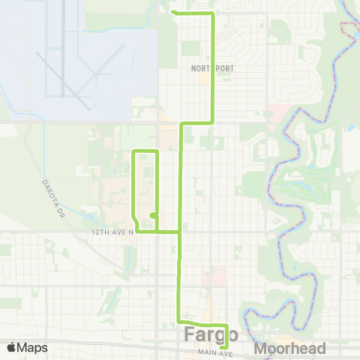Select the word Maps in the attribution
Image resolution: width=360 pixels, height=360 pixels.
point(33,348)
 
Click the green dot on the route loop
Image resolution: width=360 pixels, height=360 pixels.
point(152,215)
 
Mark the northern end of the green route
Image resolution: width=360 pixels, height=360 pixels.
point(173,12)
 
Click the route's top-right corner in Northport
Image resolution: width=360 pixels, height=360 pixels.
point(214,14)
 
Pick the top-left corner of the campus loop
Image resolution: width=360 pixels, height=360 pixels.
point(133,152)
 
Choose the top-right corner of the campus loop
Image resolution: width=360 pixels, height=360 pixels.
point(157,152)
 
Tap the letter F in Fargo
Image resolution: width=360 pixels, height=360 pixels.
point(189,334)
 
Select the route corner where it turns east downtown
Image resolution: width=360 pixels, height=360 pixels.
point(178,321)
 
